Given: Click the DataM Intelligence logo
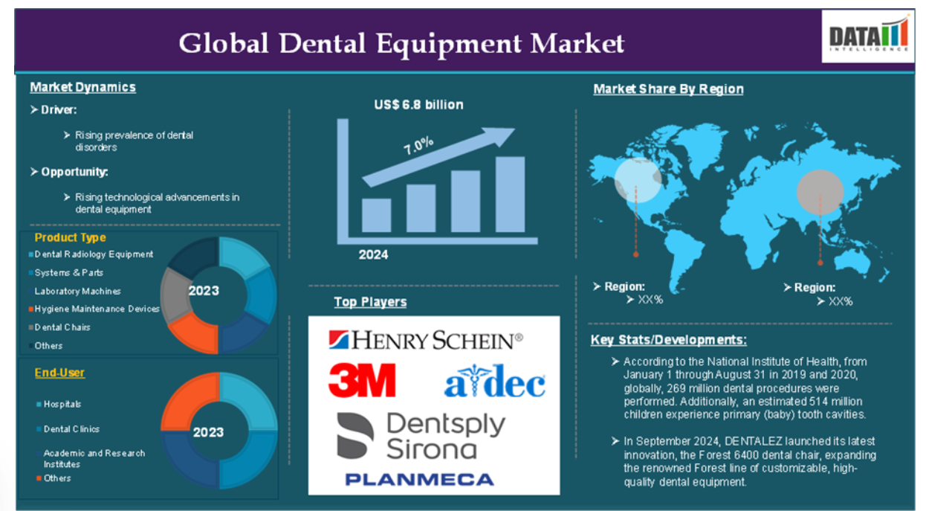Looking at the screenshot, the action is [x=868, y=36].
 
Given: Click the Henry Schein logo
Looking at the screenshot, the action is [x=425, y=340].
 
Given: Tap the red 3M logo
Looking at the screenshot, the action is [x=362, y=380].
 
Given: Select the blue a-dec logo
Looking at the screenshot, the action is [x=494, y=381].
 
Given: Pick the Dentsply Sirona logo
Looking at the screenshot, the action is [x=421, y=436].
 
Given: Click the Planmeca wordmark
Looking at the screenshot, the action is [x=420, y=480].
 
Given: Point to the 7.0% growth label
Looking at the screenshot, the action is [x=418, y=145].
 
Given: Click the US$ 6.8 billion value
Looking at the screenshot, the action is [x=418, y=105].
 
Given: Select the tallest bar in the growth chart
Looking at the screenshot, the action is [x=510, y=194].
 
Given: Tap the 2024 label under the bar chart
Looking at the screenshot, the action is [x=373, y=254].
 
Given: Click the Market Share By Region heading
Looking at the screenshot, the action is [x=668, y=89].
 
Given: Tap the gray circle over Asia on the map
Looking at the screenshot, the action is [x=820, y=192].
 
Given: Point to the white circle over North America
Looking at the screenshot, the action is [x=638, y=181].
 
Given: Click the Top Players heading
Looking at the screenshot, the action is [x=370, y=302].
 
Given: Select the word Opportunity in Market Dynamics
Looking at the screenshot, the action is [x=74, y=172].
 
